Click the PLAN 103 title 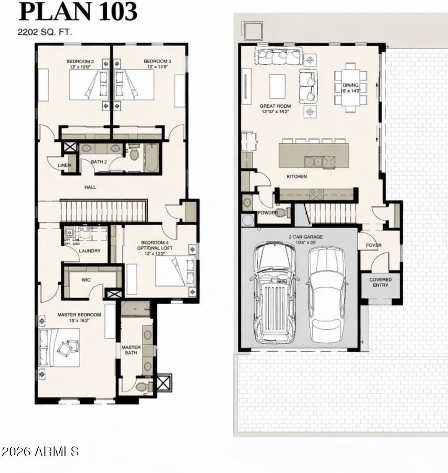[x=78, y=11]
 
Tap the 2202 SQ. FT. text [x=45, y=32]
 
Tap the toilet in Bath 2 [x=134, y=153]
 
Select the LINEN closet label [x=64, y=166]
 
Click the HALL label [x=90, y=187]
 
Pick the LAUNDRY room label [x=90, y=251]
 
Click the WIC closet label [x=86, y=280]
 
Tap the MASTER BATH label [x=131, y=350]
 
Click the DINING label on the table [x=350, y=85]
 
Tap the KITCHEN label [x=297, y=177]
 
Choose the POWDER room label [x=268, y=213]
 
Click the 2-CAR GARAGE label [x=306, y=237]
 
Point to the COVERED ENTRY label [x=380, y=282]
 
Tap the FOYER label [x=373, y=245]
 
